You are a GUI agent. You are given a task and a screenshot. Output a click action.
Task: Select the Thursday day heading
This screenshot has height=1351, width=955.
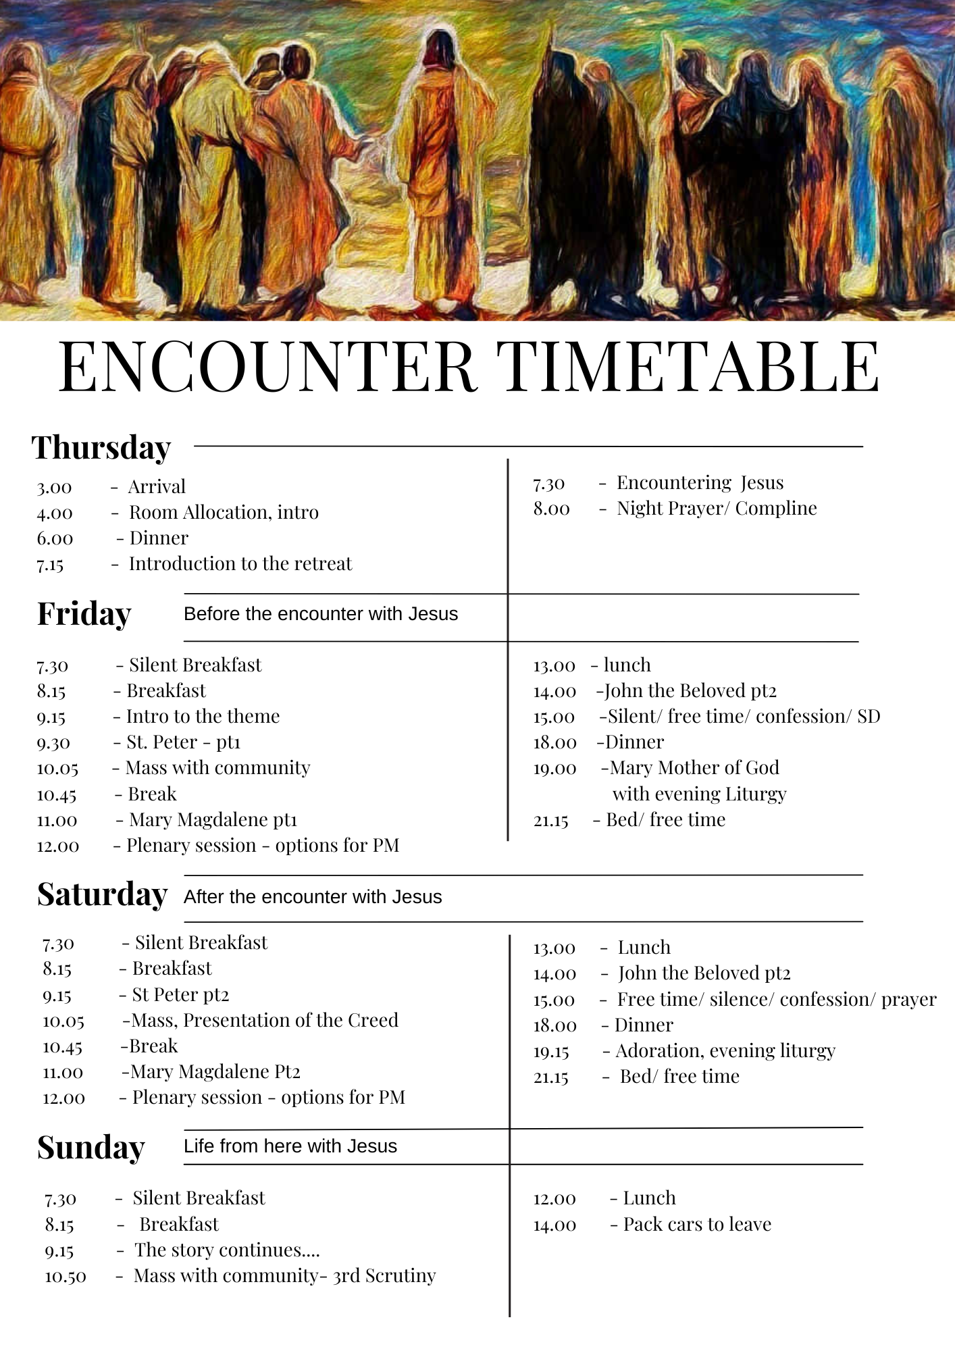pyautogui.click(x=101, y=448)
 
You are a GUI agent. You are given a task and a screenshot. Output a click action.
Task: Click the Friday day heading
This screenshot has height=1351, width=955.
pyautogui.click(x=84, y=614)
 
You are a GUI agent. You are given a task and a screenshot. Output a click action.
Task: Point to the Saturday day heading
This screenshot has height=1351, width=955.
pyautogui.click(x=102, y=895)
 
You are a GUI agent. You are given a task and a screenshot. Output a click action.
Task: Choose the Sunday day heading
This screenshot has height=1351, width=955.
pyautogui.click(x=91, y=1148)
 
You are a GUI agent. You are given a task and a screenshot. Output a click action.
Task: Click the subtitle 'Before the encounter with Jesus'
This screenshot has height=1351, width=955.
pyautogui.click(x=321, y=614)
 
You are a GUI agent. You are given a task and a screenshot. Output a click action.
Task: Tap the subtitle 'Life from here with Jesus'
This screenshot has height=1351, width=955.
pyautogui.click(x=290, y=1146)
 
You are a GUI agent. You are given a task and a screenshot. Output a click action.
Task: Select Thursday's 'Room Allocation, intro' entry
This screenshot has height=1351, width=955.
pyautogui.click(x=224, y=513)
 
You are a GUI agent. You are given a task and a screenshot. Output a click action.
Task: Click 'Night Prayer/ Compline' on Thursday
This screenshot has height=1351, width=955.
pyautogui.click(x=717, y=509)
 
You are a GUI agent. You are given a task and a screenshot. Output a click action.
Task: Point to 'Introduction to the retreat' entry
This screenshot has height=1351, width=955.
pyautogui.click(x=240, y=564)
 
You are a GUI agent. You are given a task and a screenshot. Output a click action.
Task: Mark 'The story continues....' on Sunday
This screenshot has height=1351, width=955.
pyautogui.click(x=227, y=1250)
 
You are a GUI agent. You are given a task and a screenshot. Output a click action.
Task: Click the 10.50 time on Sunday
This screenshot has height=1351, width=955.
pyautogui.click(x=66, y=1277)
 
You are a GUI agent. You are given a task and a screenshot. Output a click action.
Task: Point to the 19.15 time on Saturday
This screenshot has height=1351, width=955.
pyautogui.click(x=551, y=1052)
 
